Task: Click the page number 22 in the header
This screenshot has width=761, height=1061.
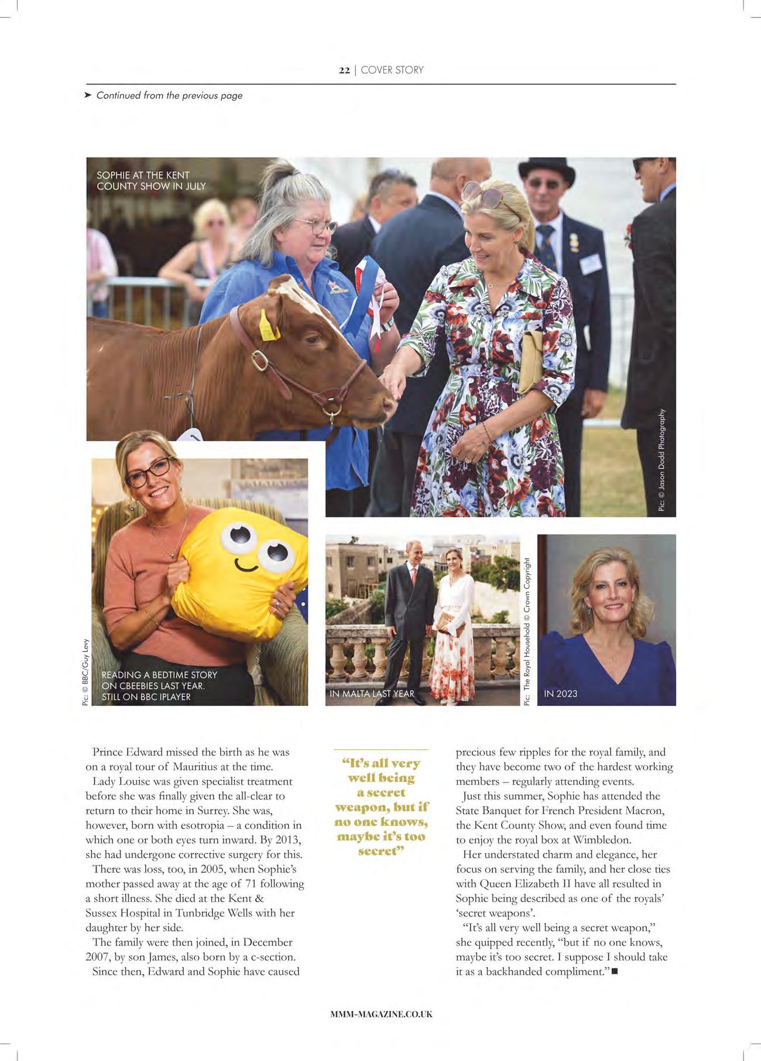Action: [x=344, y=70]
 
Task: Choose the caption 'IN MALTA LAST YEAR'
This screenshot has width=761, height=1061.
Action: [x=372, y=693]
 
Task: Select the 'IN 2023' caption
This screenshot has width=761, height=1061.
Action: [x=560, y=693]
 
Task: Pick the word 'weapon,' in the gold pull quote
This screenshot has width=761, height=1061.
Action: [x=359, y=808]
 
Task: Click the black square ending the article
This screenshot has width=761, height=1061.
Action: [x=614, y=972]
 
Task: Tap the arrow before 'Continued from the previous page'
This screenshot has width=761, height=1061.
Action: [x=88, y=95]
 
